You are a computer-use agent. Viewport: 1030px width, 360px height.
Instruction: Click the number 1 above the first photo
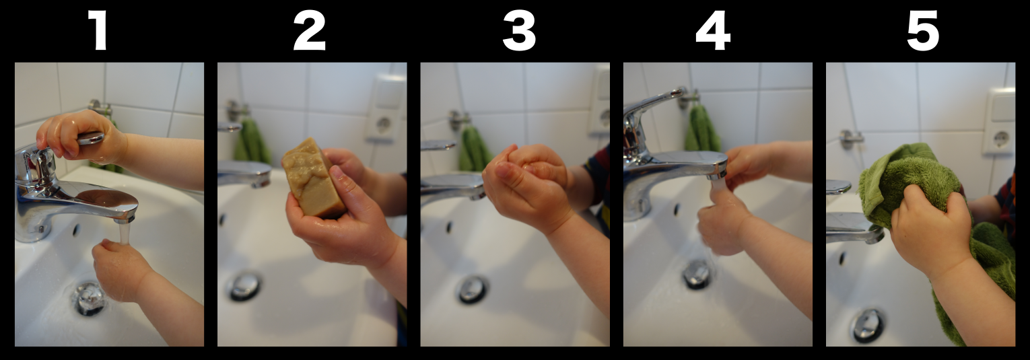99,30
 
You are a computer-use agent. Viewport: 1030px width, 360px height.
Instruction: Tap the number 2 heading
310,30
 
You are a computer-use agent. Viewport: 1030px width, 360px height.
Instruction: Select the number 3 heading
519,30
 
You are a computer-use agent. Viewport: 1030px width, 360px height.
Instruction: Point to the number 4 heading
713,30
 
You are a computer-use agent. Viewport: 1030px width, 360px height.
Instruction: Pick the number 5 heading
922,30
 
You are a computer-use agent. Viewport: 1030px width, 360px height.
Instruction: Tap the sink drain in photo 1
88,299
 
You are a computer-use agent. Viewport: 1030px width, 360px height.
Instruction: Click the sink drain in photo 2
245,287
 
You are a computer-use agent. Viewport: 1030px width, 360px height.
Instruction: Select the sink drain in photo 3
472,289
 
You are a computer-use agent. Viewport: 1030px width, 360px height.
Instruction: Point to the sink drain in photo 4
697,275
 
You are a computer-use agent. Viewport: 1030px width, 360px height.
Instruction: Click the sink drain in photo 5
868,326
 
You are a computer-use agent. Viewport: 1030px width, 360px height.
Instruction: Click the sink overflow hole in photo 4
677,210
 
